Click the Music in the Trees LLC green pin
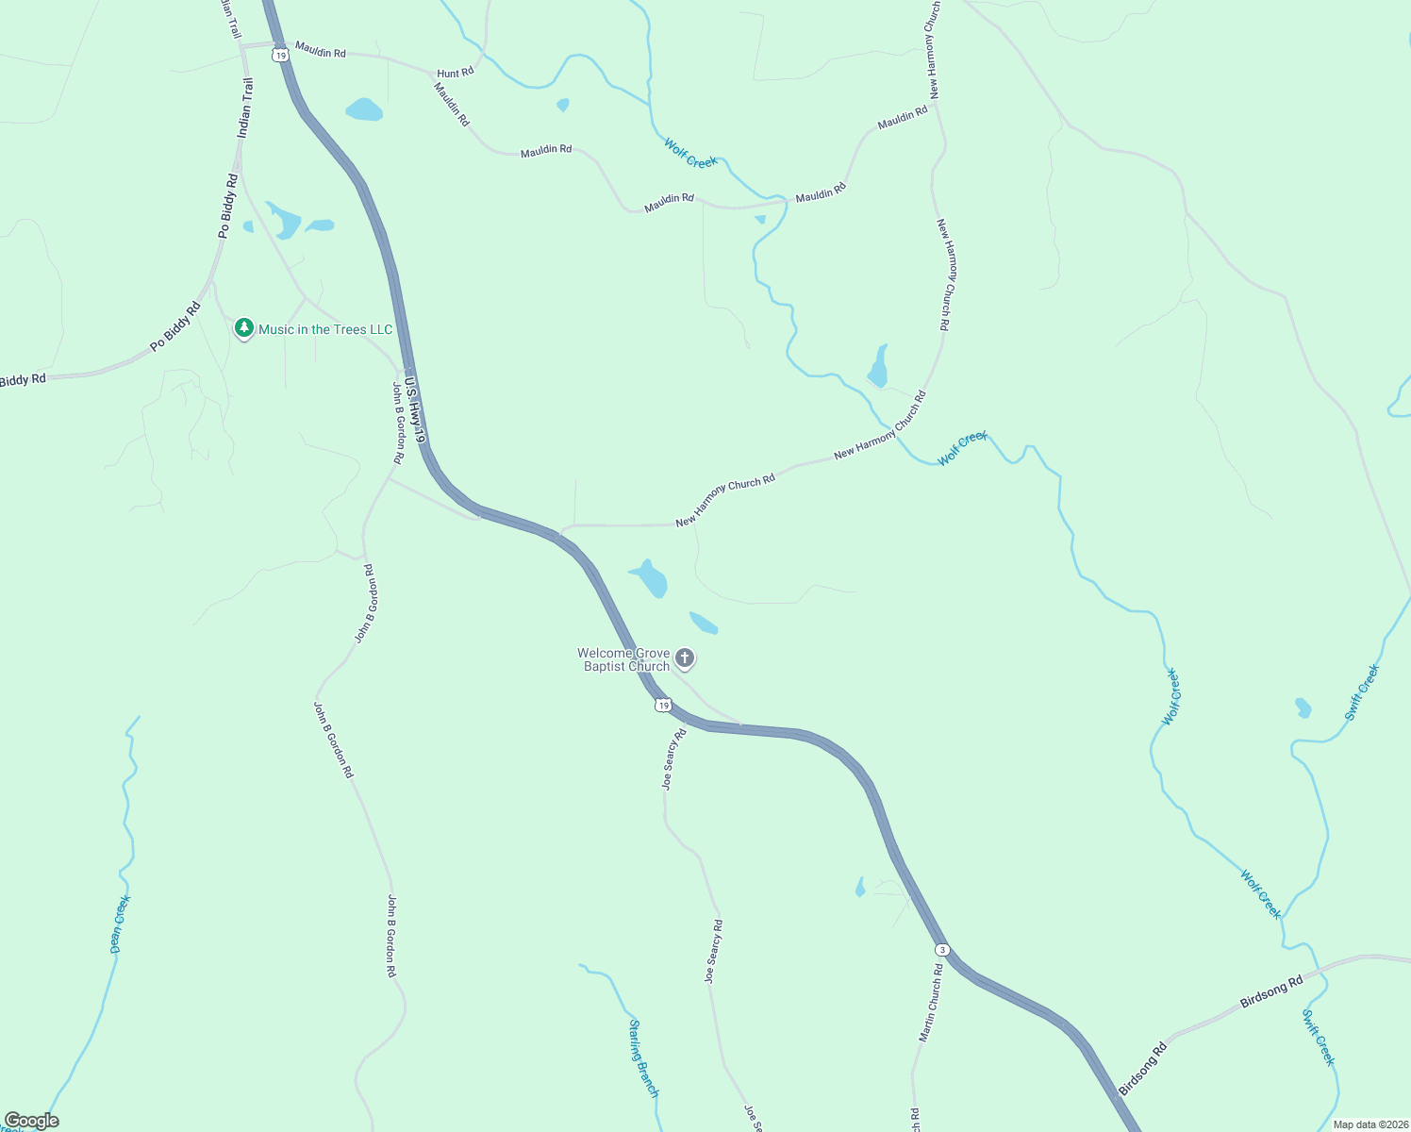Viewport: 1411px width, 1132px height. pyautogui.click(x=244, y=328)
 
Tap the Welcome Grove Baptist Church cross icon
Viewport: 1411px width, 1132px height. pyautogui.click(x=686, y=658)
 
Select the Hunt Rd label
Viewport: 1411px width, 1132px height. pyautogui.click(x=455, y=73)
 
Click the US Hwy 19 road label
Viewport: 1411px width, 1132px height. pyautogui.click(x=416, y=410)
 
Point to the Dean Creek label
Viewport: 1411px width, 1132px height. pyautogui.click(x=120, y=924)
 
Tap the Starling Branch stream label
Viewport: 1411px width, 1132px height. pyautogui.click(x=643, y=1057)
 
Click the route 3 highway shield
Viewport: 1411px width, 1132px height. pyautogui.click(x=941, y=949)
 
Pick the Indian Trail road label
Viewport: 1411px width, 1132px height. pyautogui.click(x=245, y=108)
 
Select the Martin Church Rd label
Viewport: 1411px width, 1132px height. pyautogui.click(x=931, y=1003)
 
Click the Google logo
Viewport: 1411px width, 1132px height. pyautogui.click(x=31, y=1121)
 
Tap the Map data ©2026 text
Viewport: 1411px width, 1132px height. pyautogui.click(x=1369, y=1124)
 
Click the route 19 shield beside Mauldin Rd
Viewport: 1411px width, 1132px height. pyautogui.click(x=280, y=56)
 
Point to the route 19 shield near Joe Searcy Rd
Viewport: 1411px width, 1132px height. pyautogui.click(x=664, y=706)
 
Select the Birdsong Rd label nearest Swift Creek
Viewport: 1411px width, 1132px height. pyautogui.click(x=1271, y=992)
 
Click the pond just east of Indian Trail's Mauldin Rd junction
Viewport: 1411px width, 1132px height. pyautogui.click(x=364, y=109)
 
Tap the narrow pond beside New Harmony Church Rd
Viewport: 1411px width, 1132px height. pyautogui.click(x=879, y=367)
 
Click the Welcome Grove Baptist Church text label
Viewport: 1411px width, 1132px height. pyautogui.click(x=623, y=659)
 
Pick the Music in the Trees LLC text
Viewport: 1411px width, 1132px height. pyautogui.click(x=325, y=329)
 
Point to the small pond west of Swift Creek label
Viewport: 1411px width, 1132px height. pyautogui.click(x=1303, y=707)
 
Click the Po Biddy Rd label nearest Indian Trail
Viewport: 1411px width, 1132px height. pyautogui.click(x=227, y=205)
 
